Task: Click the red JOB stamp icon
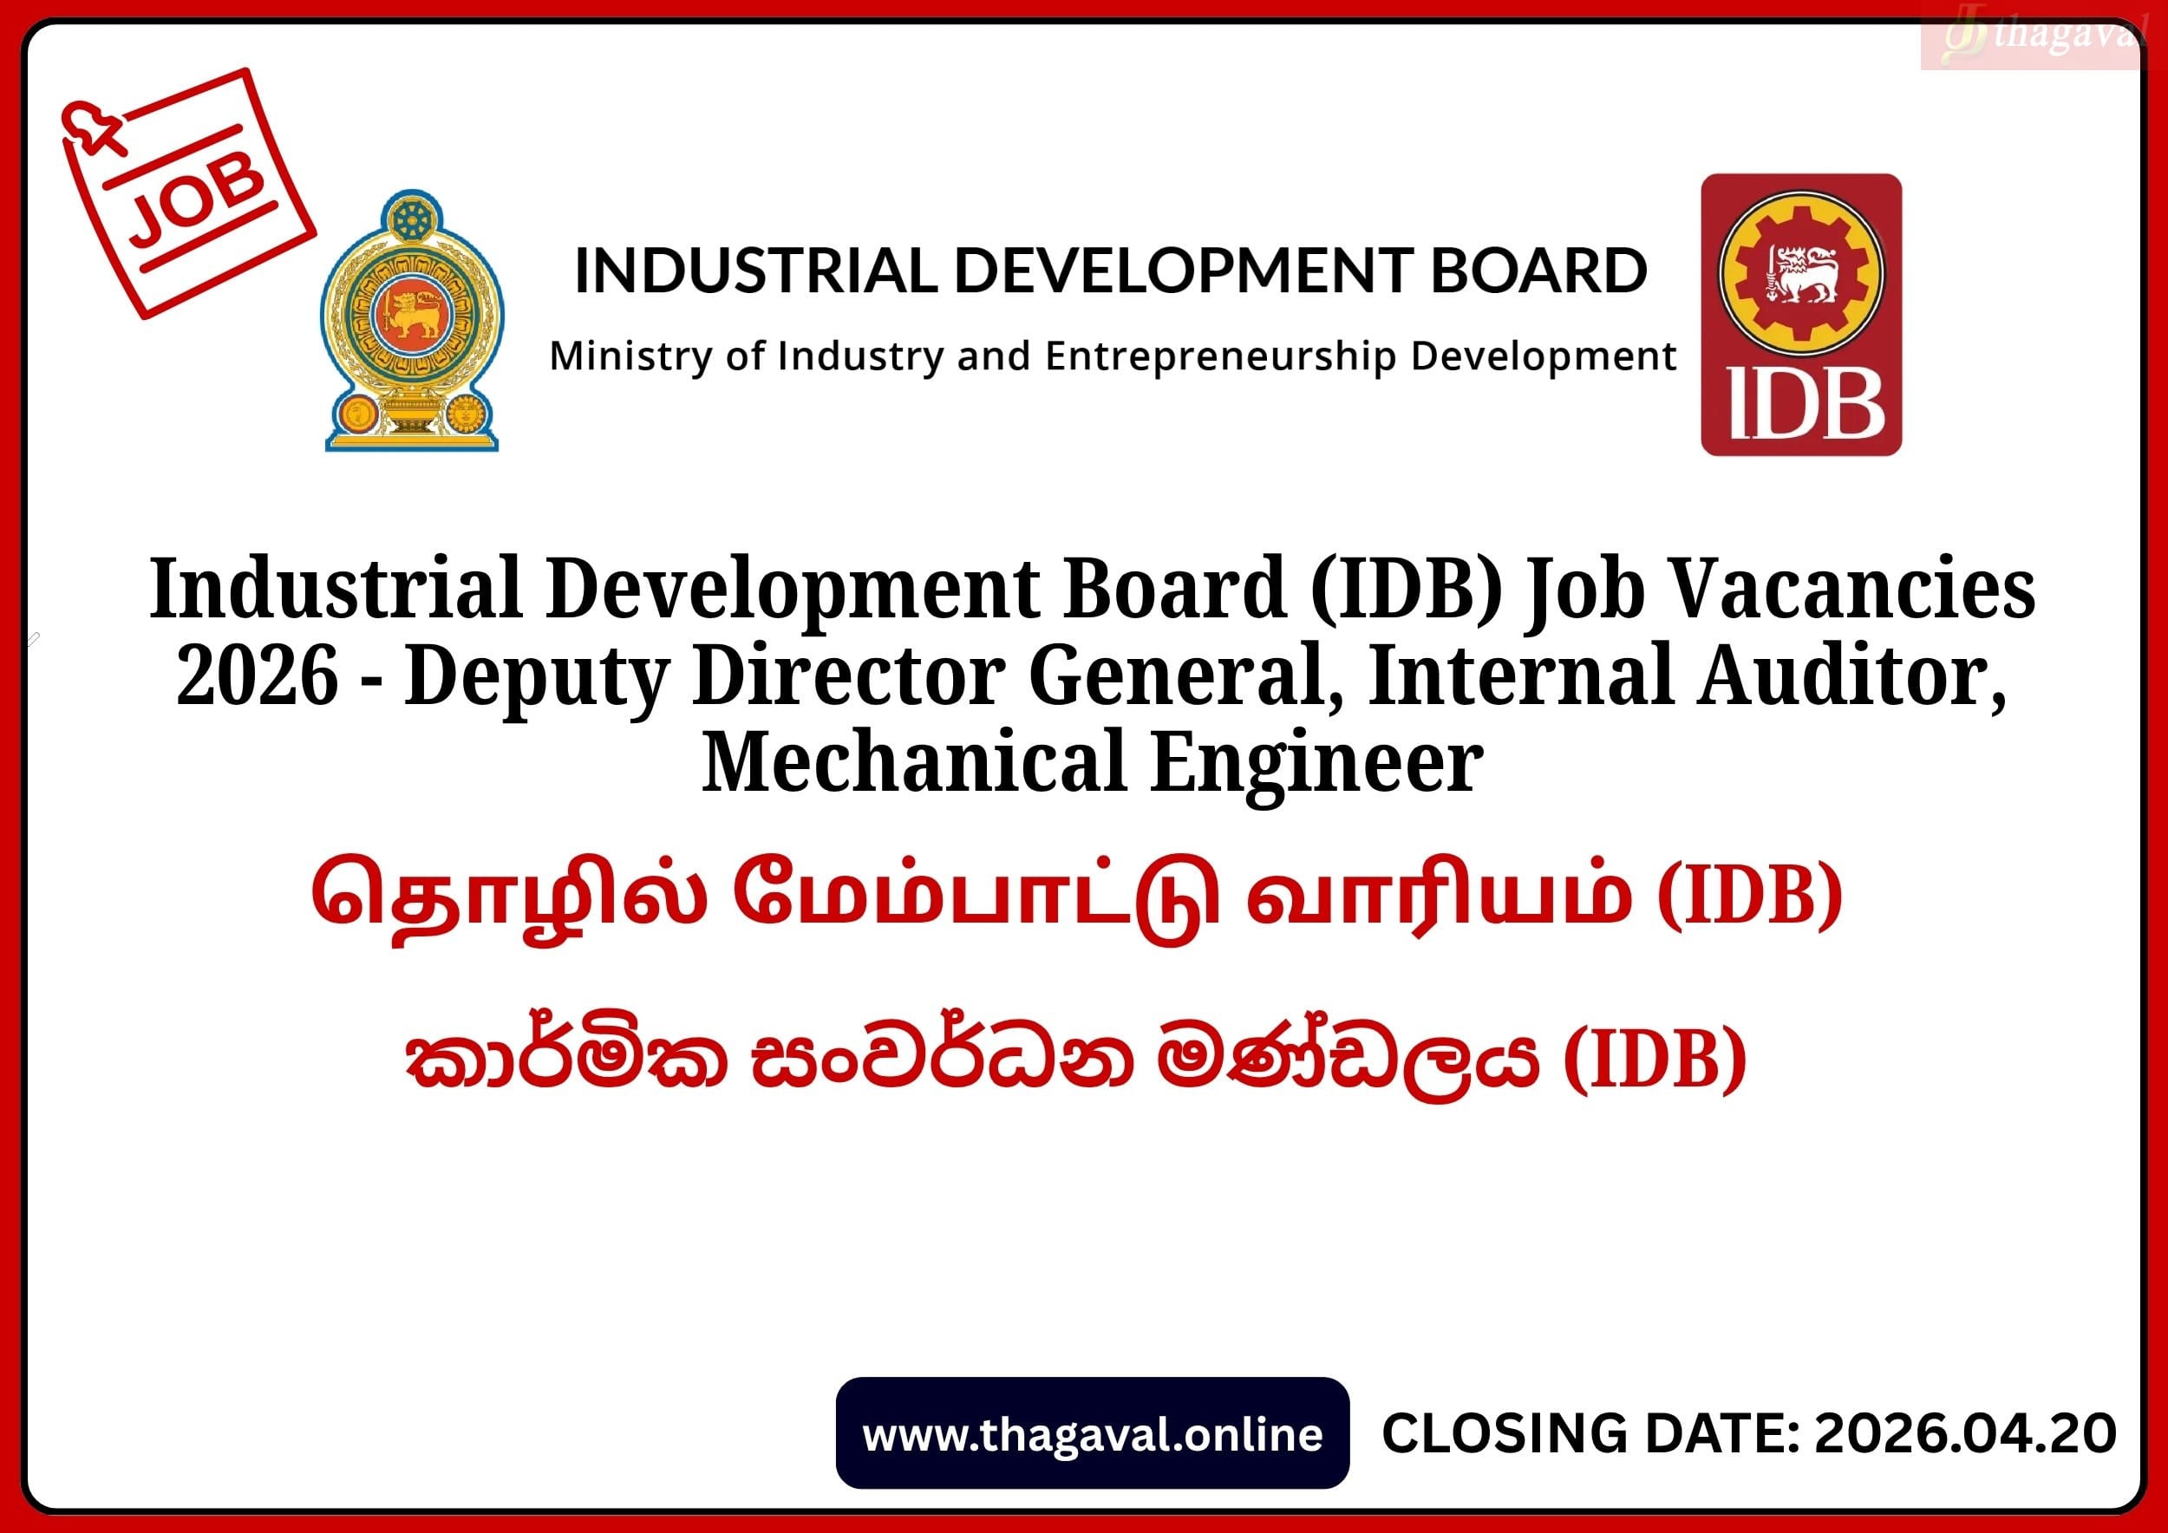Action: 188,192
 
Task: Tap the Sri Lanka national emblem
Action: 412,321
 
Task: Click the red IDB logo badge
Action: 1800,315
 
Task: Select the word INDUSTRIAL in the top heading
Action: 755,270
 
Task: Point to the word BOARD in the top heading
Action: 1538,270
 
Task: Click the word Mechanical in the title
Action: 914,762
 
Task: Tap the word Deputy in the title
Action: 536,679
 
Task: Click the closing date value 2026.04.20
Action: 1965,1434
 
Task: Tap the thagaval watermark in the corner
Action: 2030,38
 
